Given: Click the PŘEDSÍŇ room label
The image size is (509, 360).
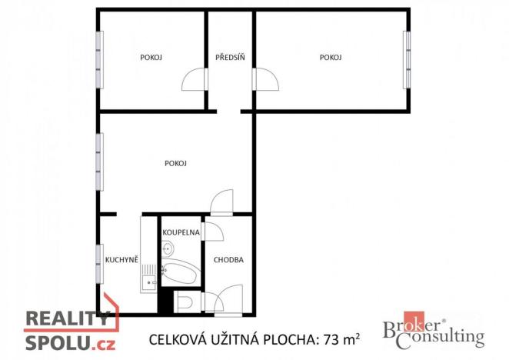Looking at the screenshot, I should (230, 58).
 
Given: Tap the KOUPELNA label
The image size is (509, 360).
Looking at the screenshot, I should (181, 232).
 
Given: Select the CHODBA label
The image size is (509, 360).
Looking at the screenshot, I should (228, 260).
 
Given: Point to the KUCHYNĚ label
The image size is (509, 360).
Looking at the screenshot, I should (121, 260).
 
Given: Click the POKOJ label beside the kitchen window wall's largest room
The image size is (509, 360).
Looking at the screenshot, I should (176, 163).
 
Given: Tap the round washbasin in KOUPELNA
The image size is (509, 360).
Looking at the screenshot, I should (168, 248).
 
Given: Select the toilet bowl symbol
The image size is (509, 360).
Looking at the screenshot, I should (185, 302).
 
